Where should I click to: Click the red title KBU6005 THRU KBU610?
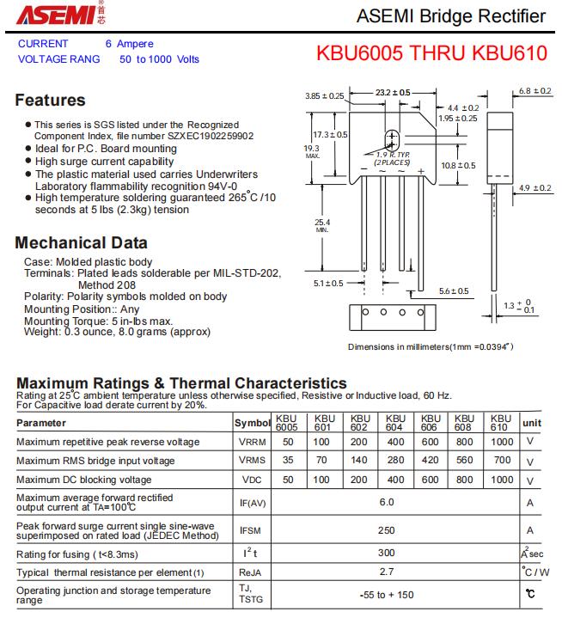point(431,52)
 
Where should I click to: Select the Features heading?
point(50,100)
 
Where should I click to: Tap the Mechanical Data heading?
point(81,243)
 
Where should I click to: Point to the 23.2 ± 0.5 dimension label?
point(394,92)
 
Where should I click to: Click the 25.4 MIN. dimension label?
point(322,224)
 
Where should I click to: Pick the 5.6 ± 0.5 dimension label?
point(454,291)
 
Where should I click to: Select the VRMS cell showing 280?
point(394,461)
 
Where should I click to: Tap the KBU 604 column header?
point(394,423)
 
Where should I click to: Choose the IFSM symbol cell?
point(251,530)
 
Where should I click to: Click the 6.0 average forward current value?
point(387,503)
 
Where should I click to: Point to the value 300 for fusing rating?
point(387,554)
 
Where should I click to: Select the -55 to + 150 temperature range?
point(387,595)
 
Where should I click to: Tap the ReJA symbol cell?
point(251,572)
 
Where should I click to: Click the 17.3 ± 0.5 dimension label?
point(330,135)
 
